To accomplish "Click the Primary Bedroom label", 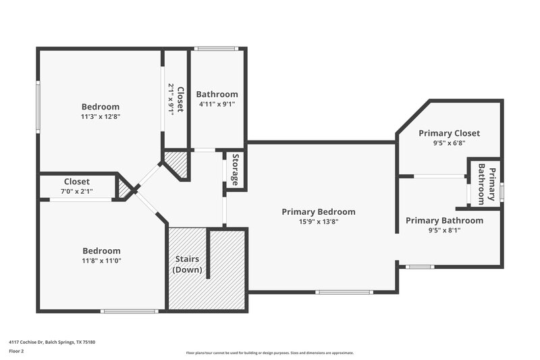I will coord(318,212).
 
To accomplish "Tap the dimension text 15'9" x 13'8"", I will coord(318,222).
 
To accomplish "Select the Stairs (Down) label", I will coord(187,264).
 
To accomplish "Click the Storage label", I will coord(235,170).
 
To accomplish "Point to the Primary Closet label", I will coord(449,133).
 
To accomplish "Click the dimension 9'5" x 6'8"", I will coord(449,143).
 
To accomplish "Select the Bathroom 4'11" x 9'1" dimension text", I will coord(217,104).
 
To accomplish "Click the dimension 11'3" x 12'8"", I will coord(101,116).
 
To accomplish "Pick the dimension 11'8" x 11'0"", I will coord(101,260).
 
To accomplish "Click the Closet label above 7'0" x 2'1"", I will coord(77,182).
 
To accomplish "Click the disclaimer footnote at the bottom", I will coord(270,353).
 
